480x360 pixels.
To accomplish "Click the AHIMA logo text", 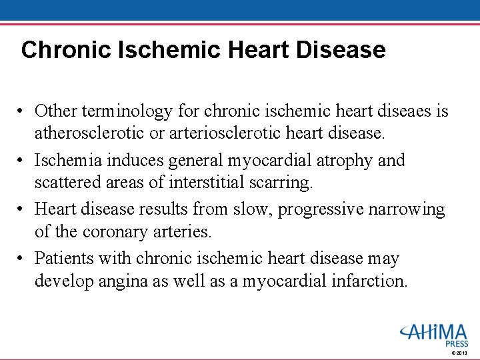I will pyautogui.click(x=434, y=332).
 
